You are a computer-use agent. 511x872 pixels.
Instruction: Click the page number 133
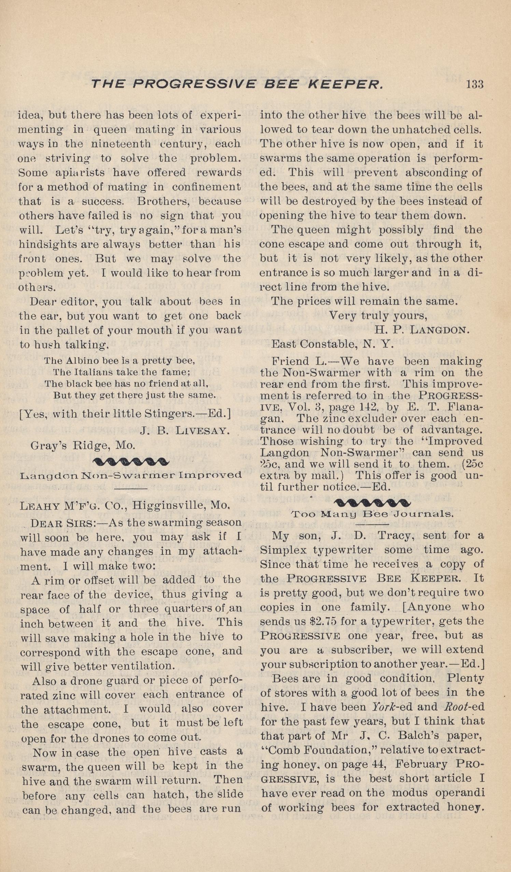pyautogui.click(x=474, y=84)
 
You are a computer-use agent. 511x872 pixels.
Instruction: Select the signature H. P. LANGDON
pyautogui.click(x=422, y=330)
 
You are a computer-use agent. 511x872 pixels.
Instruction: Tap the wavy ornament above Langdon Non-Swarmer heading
pyautogui.click(x=131, y=461)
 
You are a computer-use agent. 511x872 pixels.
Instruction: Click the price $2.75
pyautogui.click(x=321, y=622)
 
